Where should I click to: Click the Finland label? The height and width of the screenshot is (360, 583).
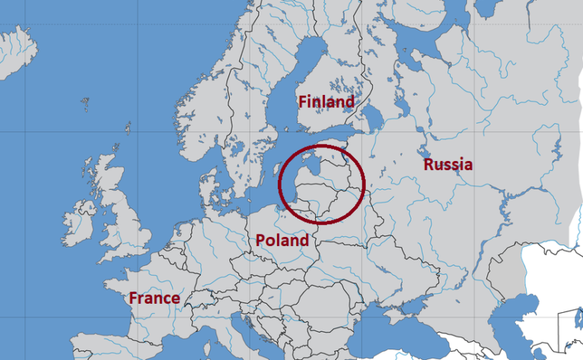[326, 102]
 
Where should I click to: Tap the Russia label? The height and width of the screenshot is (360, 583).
[448, 164]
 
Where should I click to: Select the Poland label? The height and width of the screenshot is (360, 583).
[282, 241]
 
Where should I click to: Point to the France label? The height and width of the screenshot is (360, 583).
[154, 298]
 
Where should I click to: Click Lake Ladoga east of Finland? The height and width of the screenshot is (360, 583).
[372, 118]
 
